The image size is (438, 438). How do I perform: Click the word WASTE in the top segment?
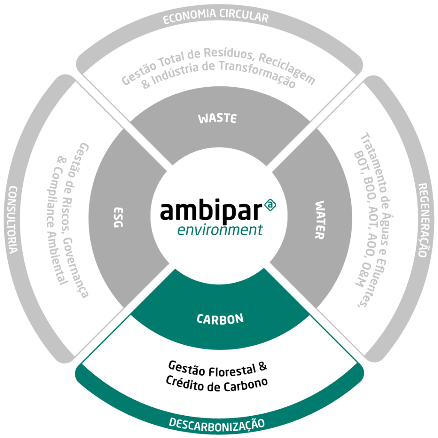click(217, 118)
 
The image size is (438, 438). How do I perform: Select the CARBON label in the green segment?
click(220, 319)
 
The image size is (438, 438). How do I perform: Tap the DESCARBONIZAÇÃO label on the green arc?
click(216, 423)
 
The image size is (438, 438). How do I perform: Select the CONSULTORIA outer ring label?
click(13, 220)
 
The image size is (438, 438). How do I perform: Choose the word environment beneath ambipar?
click(219, 230)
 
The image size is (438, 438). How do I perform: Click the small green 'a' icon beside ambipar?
click(270, 206)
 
